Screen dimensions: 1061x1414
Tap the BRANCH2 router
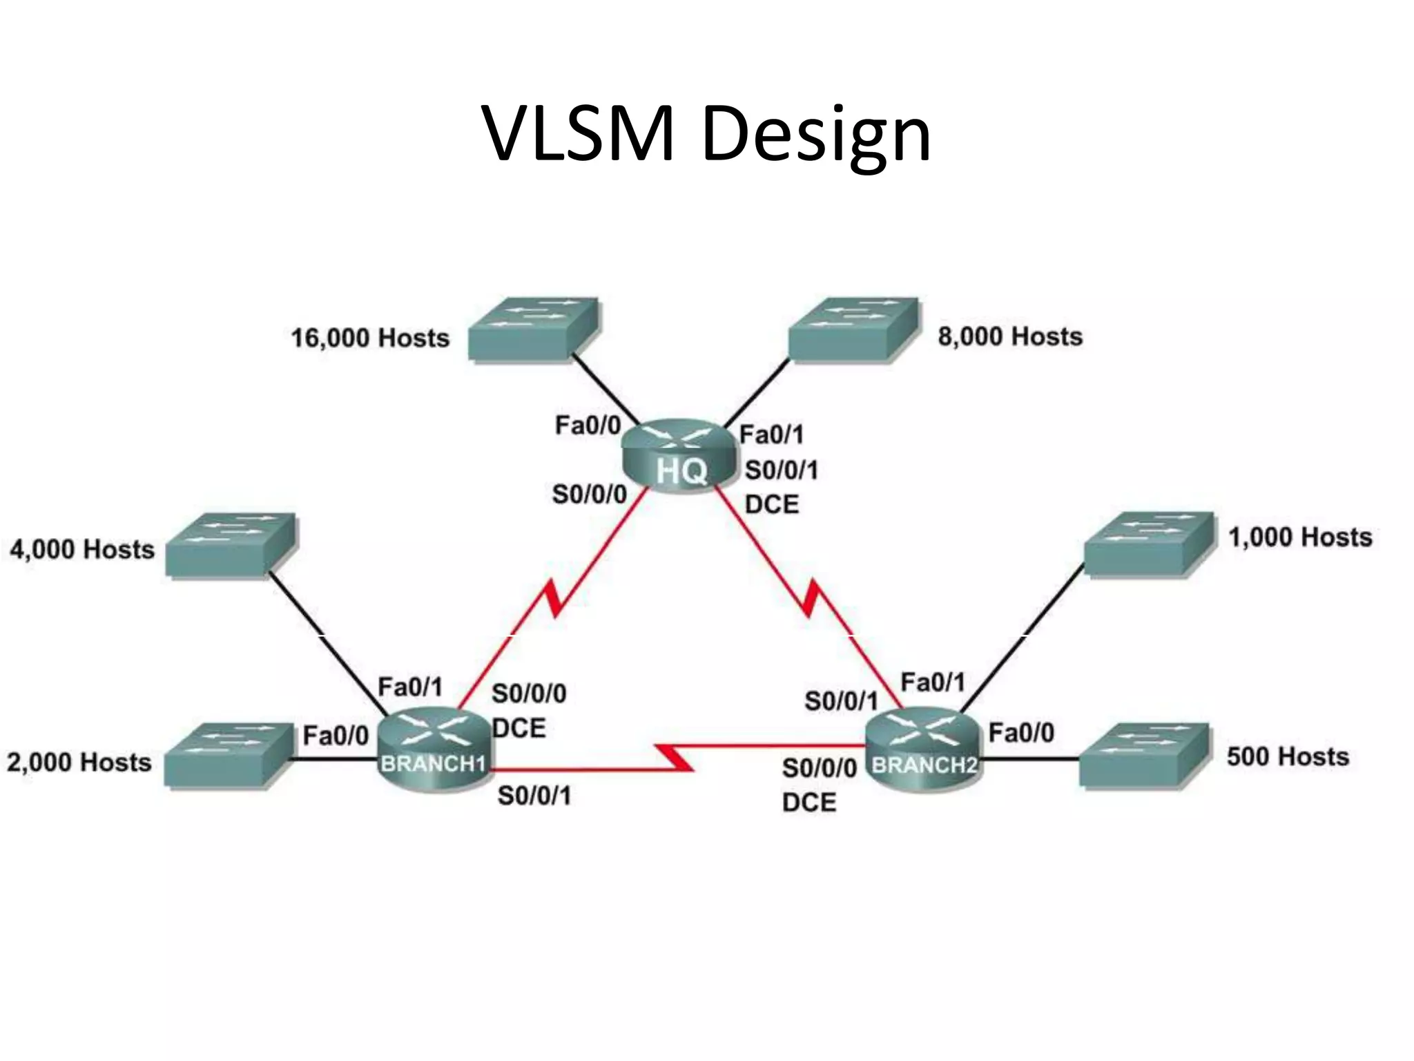[x=922, y=750]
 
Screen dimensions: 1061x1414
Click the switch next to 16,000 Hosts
[x=533, y=329]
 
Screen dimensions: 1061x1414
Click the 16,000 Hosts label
[x=370, y=338]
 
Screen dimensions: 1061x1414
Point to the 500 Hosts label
[x=1288, y=757]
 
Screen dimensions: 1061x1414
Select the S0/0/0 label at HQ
[x=589, y=495]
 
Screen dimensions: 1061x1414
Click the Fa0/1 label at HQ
[x=771, y=434]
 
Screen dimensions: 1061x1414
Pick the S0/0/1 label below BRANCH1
[x=534, y=796]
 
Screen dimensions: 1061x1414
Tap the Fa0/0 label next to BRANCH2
[x=1021, y=733]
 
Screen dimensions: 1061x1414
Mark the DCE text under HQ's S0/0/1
[x=772, y=505]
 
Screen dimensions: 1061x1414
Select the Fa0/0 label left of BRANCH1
[x=336, y=736]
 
